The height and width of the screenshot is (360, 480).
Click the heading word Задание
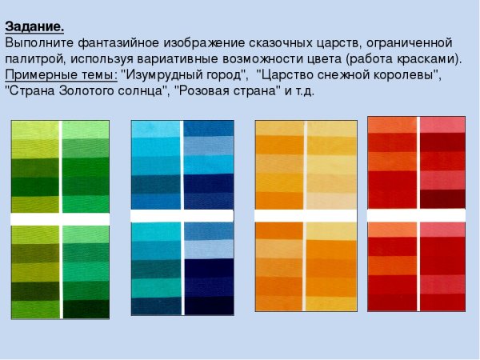(x=34, y=26)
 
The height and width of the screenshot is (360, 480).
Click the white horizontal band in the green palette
(x=60, y=218)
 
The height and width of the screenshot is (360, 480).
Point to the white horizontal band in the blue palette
(x=182, y=216)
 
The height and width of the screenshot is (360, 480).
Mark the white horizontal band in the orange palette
(x=306, y=216)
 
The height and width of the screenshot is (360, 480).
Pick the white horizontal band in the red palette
(x=416, y=215)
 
